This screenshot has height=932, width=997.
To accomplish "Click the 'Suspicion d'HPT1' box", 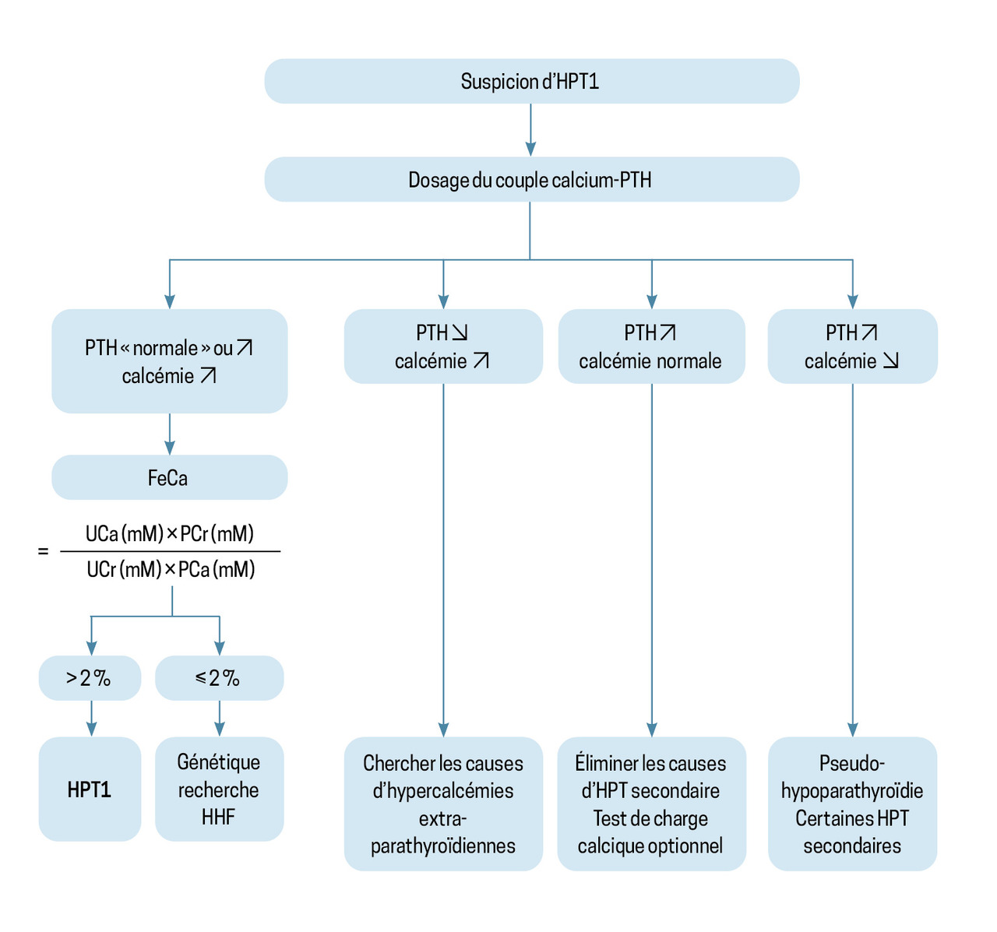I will (x=531, y=82).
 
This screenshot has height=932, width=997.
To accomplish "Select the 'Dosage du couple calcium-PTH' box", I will (x=531, y=180).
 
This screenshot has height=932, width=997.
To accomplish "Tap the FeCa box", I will (x=169, y=477).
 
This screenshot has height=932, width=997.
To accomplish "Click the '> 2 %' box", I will (x=90, y=678).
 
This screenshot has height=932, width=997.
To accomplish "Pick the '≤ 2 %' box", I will (x=219, y=678).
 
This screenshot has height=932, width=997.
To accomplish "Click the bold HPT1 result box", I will (x=90, y=789).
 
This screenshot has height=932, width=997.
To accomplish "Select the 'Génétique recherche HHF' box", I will (x=219, y=789).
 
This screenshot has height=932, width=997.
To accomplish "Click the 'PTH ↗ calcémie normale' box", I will (x=651, y=346).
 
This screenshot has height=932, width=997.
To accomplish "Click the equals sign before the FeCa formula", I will (x=43, y=551).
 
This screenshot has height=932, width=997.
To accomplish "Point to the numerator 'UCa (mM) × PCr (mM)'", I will (x=170, y=534).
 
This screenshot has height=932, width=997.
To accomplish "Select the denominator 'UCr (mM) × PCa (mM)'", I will (x=171, y=570).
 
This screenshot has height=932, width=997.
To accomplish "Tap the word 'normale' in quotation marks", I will (x=165, y=348).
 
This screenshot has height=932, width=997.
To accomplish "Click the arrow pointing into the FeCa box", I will (x=170, y=435).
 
